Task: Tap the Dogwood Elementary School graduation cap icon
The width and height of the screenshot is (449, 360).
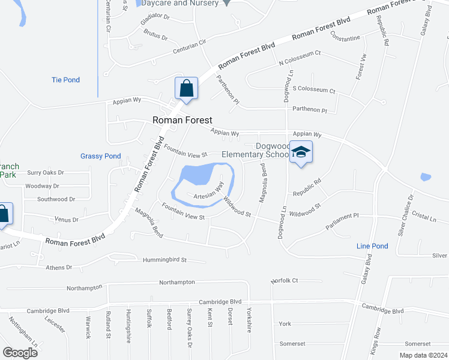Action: [x=301, y=151]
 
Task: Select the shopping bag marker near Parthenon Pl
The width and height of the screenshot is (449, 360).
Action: [x=186, y=88]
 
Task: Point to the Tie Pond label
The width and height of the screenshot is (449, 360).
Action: [x=65, y=80]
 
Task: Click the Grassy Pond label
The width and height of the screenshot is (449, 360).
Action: [x=100, y=156]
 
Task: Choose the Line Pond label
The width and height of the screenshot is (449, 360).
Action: [x=372, y=246]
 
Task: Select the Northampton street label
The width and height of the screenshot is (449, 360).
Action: [x=177, y=282]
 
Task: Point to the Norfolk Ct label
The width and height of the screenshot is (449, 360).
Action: [x=285, y=280]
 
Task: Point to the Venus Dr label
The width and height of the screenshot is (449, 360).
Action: [x=67, y=220]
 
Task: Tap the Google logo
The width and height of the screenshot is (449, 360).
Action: [x=20, y=353]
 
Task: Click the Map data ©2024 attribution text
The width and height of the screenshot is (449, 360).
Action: [x=423, y=355]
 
